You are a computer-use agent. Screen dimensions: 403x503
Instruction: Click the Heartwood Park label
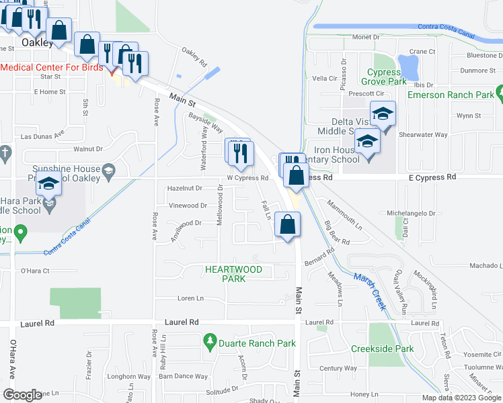233,274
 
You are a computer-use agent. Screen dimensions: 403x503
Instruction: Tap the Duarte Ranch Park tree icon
210,343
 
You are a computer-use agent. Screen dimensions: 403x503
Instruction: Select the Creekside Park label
382,349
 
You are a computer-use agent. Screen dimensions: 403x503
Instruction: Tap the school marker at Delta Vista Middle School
382,114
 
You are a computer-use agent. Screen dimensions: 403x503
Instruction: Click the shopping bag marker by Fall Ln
287,224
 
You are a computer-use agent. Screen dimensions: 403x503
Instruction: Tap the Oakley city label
37,42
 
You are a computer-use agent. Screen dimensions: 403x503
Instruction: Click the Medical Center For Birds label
52,68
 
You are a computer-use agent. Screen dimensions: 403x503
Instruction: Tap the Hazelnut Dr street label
184,189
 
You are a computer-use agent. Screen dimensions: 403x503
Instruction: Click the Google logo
22,395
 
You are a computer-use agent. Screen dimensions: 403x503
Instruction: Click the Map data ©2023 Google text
461,398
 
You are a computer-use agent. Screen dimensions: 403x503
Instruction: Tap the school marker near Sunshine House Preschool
49,183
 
